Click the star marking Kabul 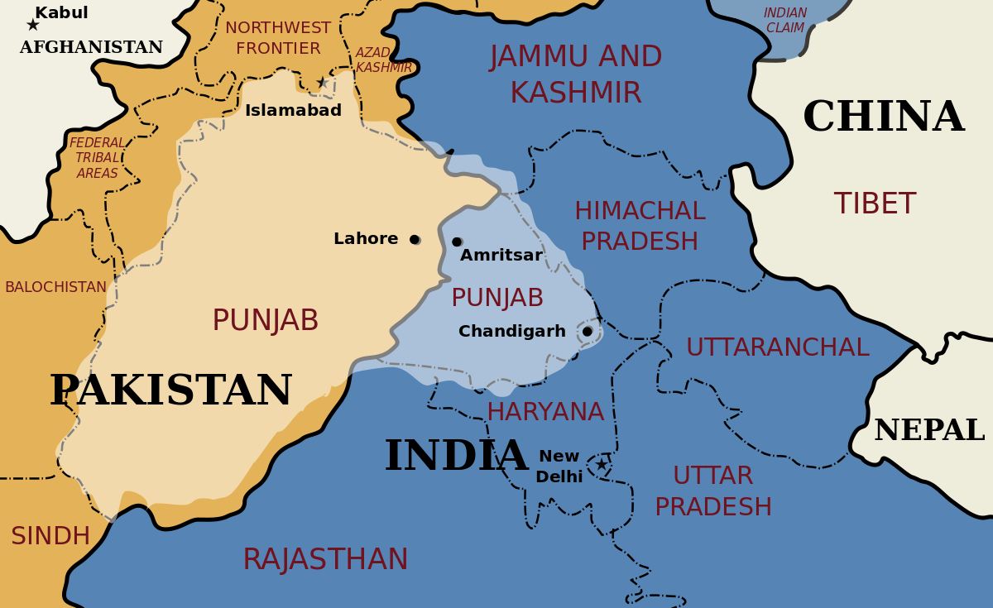(33, 25)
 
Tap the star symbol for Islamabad (322, 83)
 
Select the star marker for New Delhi (602, 464)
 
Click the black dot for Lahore (415, 240)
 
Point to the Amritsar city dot (457, 242)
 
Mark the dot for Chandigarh (588, 332)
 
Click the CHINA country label (883, 117)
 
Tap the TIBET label (874, 203)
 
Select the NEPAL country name (928, 430)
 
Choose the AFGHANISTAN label (91, 48)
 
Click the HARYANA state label (545, 411)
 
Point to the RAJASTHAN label (325, 560)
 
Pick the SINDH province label (50, 536)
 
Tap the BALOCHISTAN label (55, 287)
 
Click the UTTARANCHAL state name (777, 347)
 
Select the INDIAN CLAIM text (785, 21)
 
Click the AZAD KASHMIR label (383, 60)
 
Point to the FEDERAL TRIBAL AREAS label (97, 158)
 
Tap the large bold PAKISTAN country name (170, 391)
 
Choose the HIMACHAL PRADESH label (640, 226)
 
